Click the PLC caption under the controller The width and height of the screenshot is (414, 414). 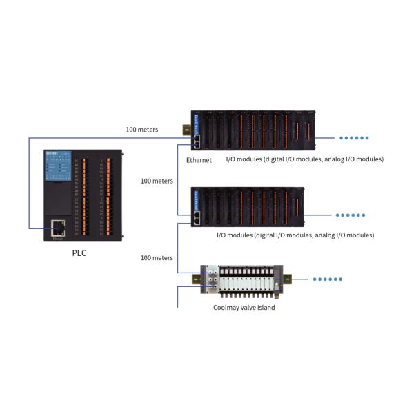pyautogui.click(x=80, y=253)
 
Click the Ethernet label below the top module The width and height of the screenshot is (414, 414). pyautogui.click(x=199, y=160)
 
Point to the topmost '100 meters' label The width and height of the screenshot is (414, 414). pyautogui.click(x=141, y=129)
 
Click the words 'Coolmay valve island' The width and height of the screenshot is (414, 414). pyautogui.click(x=244, y=307)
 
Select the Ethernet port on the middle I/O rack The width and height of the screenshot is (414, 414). pyautogui.click(x=197, y=217)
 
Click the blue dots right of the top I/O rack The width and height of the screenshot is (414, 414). pyautogui.click(x=352, y=137)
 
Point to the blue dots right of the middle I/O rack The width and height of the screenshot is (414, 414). pyautogui.click(x=352, y=215)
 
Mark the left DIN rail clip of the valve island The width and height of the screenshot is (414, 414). pyautogui.click(x=196, y=278)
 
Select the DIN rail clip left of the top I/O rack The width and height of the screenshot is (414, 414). pyautogui.click(x=186, y=129)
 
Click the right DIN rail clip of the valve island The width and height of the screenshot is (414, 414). pyautogui.click(x=286, y=279)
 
